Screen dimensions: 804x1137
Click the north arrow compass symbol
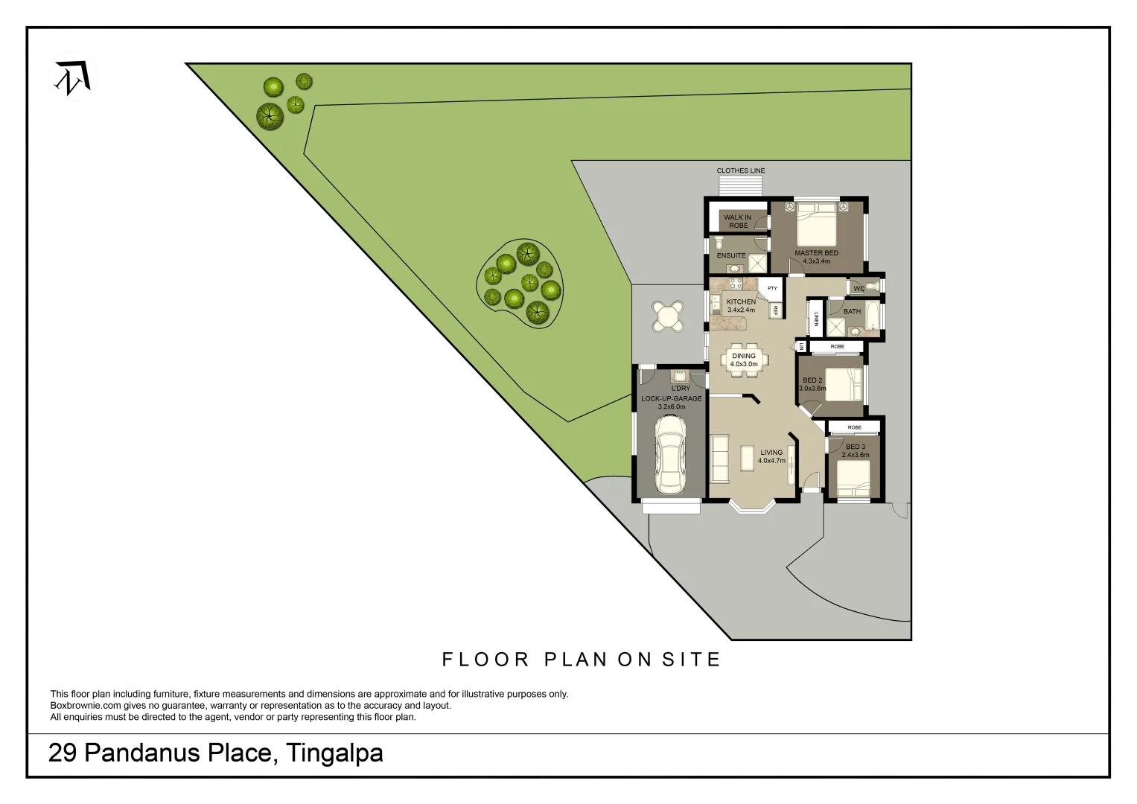(x=73, y=78)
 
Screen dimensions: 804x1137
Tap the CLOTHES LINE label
(x=740, y=170)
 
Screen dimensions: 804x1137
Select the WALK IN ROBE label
(x=738, y=221)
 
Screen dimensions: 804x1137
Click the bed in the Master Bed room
(x=817, y=225)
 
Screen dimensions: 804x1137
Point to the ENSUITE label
(x=731, y=255)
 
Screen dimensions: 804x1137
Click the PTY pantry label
(x=772, y=288)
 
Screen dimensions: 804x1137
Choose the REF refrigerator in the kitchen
(x=775, y=310)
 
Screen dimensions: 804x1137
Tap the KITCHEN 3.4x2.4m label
(x=741, y=306)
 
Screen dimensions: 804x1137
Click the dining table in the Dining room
(x=744, y=360)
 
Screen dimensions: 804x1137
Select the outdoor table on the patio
(x=668, y=316)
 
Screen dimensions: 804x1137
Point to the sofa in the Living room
(x=720, y=459)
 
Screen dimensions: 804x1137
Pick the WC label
(x=859, y=289)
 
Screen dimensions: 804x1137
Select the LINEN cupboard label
(x=816, y=319)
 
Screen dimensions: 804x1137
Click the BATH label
(x=852, y=311)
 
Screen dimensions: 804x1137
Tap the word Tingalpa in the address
(x=334, y=753)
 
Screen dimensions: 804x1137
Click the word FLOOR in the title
(x=485, y=660)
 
